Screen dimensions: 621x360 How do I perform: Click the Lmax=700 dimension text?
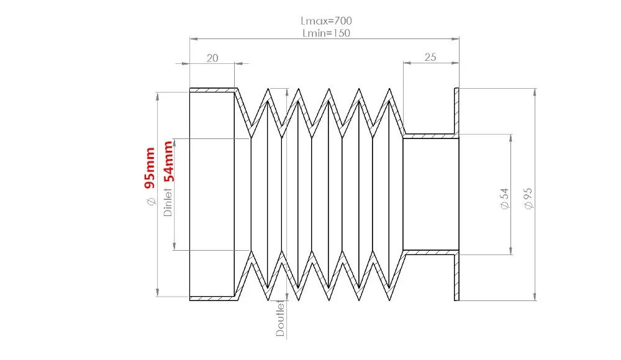click(x=326, y=20)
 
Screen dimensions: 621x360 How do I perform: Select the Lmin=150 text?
click(x=327, y=33)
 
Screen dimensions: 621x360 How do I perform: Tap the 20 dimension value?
click(x=212, y=58)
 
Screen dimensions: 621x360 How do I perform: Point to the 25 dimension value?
click(x=430, y=57)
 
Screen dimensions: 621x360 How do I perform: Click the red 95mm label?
click(x=150, y=168)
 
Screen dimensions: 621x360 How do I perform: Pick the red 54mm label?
click(x=168, y=161)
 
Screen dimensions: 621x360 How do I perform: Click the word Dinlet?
click(x=168, y=202)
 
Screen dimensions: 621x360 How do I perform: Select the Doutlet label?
click(x=280, y=318)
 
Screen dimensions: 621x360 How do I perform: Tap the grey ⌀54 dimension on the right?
click(x=504, y=199)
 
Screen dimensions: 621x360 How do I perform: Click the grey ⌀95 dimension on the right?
click(x=528, y=199)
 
